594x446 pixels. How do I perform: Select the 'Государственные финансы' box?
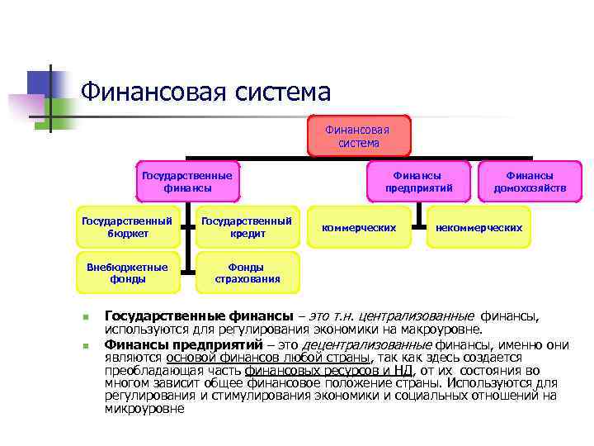187,182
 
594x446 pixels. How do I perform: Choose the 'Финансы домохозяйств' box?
530,182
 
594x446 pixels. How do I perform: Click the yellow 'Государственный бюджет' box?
128,227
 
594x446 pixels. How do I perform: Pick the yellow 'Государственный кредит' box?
247,227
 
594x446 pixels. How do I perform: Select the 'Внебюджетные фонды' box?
128,273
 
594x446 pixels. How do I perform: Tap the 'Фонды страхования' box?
247,273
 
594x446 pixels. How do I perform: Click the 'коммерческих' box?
359,227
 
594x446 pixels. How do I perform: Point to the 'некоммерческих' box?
479,227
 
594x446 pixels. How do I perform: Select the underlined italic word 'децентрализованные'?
356,345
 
